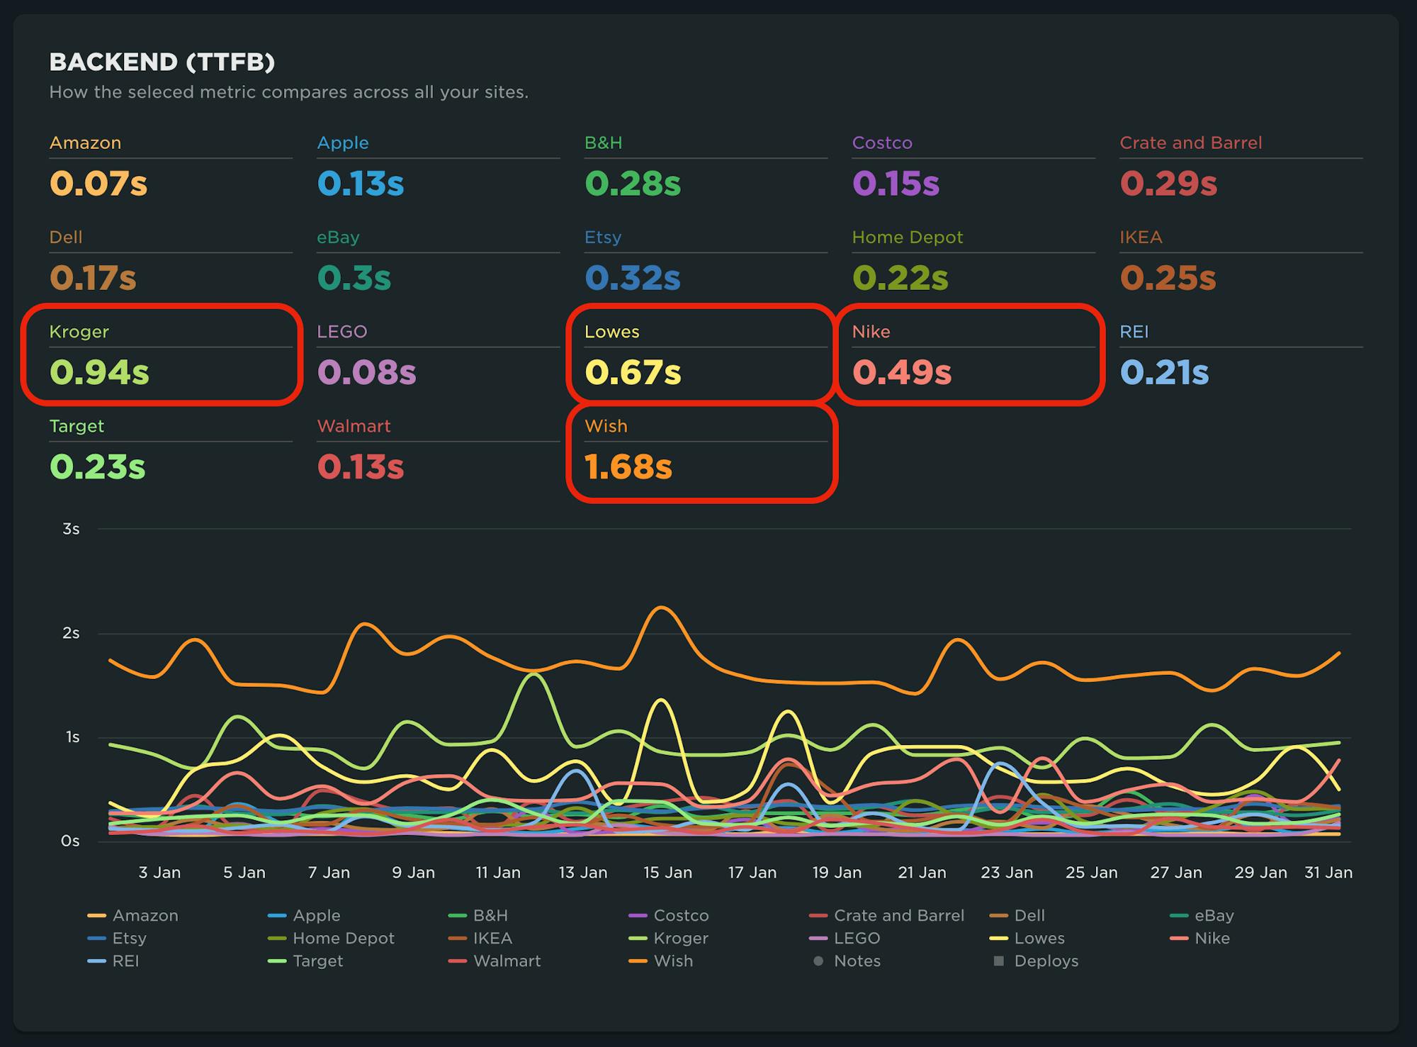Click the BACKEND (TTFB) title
coord(162,62)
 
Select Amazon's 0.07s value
coord(98,184)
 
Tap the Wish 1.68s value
coord(628,467)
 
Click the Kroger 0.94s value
coord(99,373)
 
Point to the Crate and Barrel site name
coord(1190,142)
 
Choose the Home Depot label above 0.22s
coord(907,237)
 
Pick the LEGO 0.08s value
coord(366,373)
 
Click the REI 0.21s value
coord(1164,373)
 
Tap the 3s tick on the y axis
coord(71,529)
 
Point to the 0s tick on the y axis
coord(70,841)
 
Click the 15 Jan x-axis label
coord(667,873)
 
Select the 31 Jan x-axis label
coord(1328,873)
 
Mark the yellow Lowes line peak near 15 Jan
coord(660,700)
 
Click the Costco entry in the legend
coord(680,916)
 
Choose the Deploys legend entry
coord(1046,961)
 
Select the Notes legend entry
coord(857,961)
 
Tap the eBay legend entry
coord(1214,916)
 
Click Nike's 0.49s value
coord(901,373)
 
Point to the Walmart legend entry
coord(507,961)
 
